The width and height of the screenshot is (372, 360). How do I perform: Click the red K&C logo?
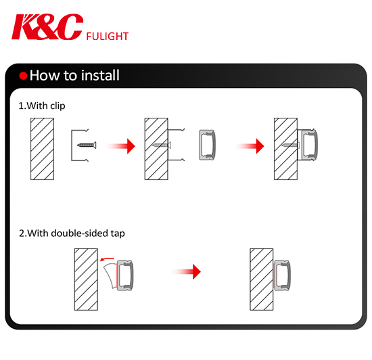tap(47, 26)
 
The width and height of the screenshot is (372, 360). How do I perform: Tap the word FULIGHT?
tap(108, 37)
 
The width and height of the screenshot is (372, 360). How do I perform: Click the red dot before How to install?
tap(23, 76)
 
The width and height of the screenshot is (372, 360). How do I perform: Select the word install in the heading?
tap(100, 75)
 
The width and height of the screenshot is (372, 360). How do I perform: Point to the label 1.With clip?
tap(42, 106)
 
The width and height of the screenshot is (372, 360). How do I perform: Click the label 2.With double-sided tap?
tap(72, 233)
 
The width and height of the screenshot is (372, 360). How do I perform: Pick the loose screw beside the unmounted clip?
tap(87, 145)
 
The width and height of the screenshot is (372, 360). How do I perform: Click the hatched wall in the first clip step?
tap(42, 149)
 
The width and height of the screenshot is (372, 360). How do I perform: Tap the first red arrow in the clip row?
tap(121, 146)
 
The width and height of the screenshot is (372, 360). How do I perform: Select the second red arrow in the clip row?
tap(250, 146)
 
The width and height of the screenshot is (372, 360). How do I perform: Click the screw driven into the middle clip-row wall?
tap(162, 145)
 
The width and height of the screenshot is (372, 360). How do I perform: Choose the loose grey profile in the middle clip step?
tap(207, 145)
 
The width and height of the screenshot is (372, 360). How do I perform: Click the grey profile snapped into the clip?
tap(309, 145)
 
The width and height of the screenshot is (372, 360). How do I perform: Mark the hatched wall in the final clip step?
tap(285, 149)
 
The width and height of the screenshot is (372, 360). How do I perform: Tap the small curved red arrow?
tap(107, 259)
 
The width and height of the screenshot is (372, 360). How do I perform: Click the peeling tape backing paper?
tap(110, 276)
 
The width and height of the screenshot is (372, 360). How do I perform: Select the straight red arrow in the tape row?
tap(187, 271)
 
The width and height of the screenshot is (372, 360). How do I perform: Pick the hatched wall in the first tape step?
tap(86, 279)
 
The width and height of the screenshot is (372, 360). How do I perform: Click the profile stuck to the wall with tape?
tap(282, 275)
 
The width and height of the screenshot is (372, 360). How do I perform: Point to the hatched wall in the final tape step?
tap(262, 279)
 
